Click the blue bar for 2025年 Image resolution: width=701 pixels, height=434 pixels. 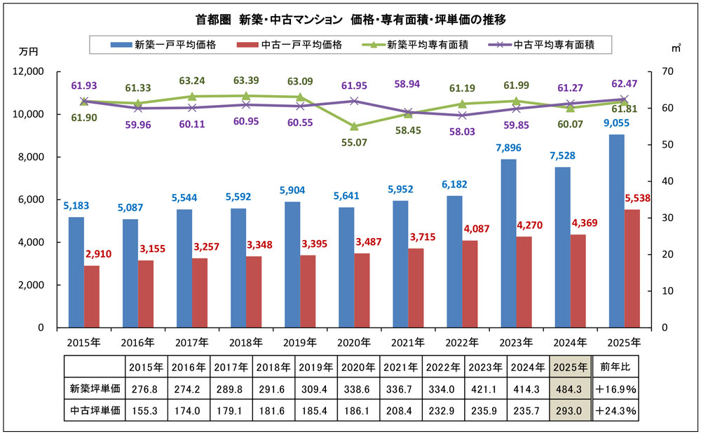[x=617, y=231]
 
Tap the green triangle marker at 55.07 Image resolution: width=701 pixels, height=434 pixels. [x=354, y=127]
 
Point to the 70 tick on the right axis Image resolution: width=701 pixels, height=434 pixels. [x=667, y=71]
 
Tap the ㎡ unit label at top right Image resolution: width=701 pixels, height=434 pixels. [x=675, y=48]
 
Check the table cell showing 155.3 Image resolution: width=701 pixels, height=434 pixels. [x=146, y=411]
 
